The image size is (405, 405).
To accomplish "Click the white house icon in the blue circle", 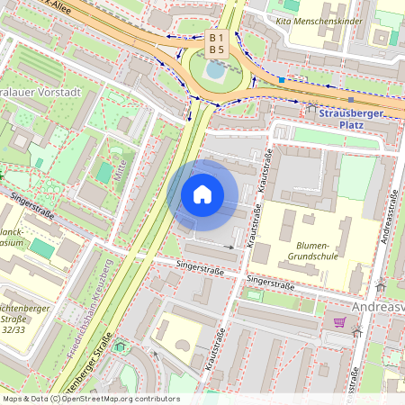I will click(202, 194).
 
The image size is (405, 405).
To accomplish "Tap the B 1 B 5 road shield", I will click(216, 43).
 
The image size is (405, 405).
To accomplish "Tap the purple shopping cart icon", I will click(340, 321).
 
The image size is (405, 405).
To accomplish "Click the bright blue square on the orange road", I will click(282, 80).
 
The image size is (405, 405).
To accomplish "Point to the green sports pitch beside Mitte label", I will click(105, 172).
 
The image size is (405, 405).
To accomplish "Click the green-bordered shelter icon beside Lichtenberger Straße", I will click(121, 345).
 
